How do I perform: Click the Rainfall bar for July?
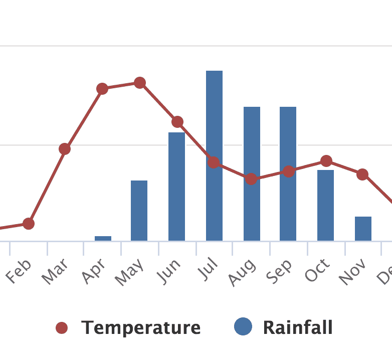point(214,155)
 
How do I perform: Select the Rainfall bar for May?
point(139,211)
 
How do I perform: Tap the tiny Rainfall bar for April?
point(103,238)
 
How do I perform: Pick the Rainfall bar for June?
point(176,187)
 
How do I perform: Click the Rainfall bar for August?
point(252,173)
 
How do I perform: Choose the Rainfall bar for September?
point(288,173)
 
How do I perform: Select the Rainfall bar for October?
point(325,206)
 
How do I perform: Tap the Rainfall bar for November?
point(363,229)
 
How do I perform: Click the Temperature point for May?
point(140,83)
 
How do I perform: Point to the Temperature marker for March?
point(65,149)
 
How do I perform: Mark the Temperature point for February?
point(29,224)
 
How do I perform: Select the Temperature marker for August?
point(251,179)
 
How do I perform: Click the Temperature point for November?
point(362,174)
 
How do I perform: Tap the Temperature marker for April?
point(102,89)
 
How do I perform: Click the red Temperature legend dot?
point(62,328)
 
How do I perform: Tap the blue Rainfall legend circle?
point(243,327)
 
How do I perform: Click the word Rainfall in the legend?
point(298,327)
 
